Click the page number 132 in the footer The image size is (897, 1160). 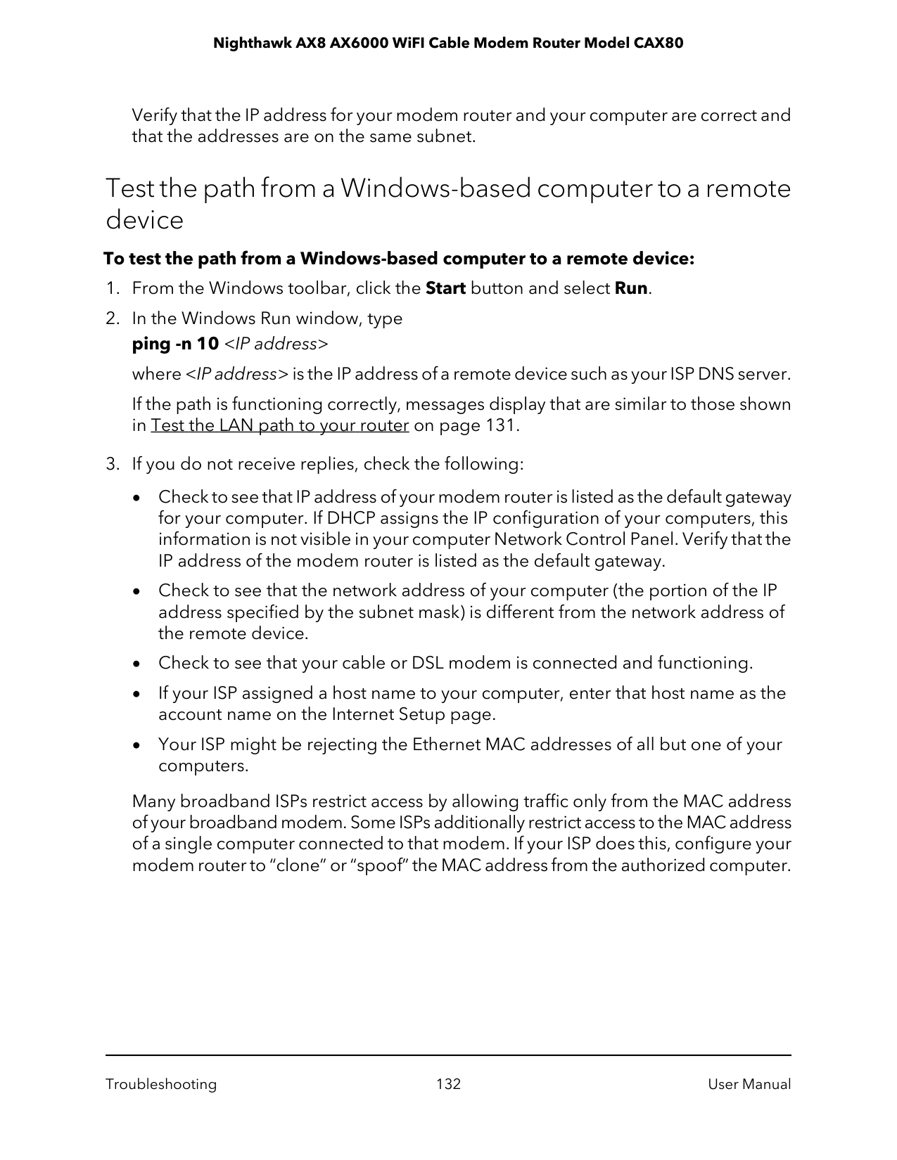pyautogui.click(x=448, y=1084)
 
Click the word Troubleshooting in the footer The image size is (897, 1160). pyautogui.click(x=161, y=1084)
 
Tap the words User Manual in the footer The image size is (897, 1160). pyautogui.click(x=749, y=1084)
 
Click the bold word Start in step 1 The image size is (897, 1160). pyautogui.click(x=446, y=289)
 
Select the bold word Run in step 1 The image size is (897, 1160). pyautogui.click(x=630, y=289)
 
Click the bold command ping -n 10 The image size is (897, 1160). pyautogui.click(x=175, y=344)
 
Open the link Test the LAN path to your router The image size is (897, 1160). pyautogui.click(x=280, y=426)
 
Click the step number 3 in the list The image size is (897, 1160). pyautogui.click(x=110, y=465)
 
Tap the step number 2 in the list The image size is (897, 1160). pyautogui.click(x=110, y=319)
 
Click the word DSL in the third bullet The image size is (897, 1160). pyautogui.click(x=427, y=664)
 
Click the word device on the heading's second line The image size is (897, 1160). pyautogui.click(x=144, y=221)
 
